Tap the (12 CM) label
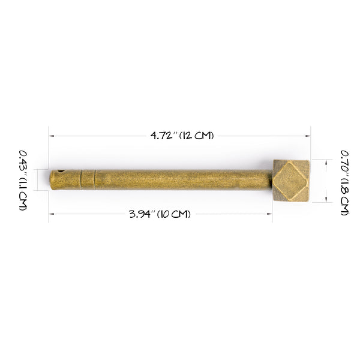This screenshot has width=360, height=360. pos(195,136)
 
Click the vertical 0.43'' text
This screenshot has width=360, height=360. pos(23,161)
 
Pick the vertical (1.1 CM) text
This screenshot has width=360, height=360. pos(23,194)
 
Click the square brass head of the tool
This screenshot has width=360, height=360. pos(291,180)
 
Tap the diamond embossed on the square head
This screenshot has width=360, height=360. pos(292,180)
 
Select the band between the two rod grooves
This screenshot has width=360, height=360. pos(88,179)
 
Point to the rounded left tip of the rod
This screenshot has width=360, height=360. pos(52,180)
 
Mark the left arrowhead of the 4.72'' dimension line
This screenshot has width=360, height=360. pos(50,136)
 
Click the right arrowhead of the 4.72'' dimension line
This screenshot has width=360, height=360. pos(309,136)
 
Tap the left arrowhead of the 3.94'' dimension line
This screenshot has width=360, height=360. pos(50,214)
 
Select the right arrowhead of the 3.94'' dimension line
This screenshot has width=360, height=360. pos(271,214)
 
